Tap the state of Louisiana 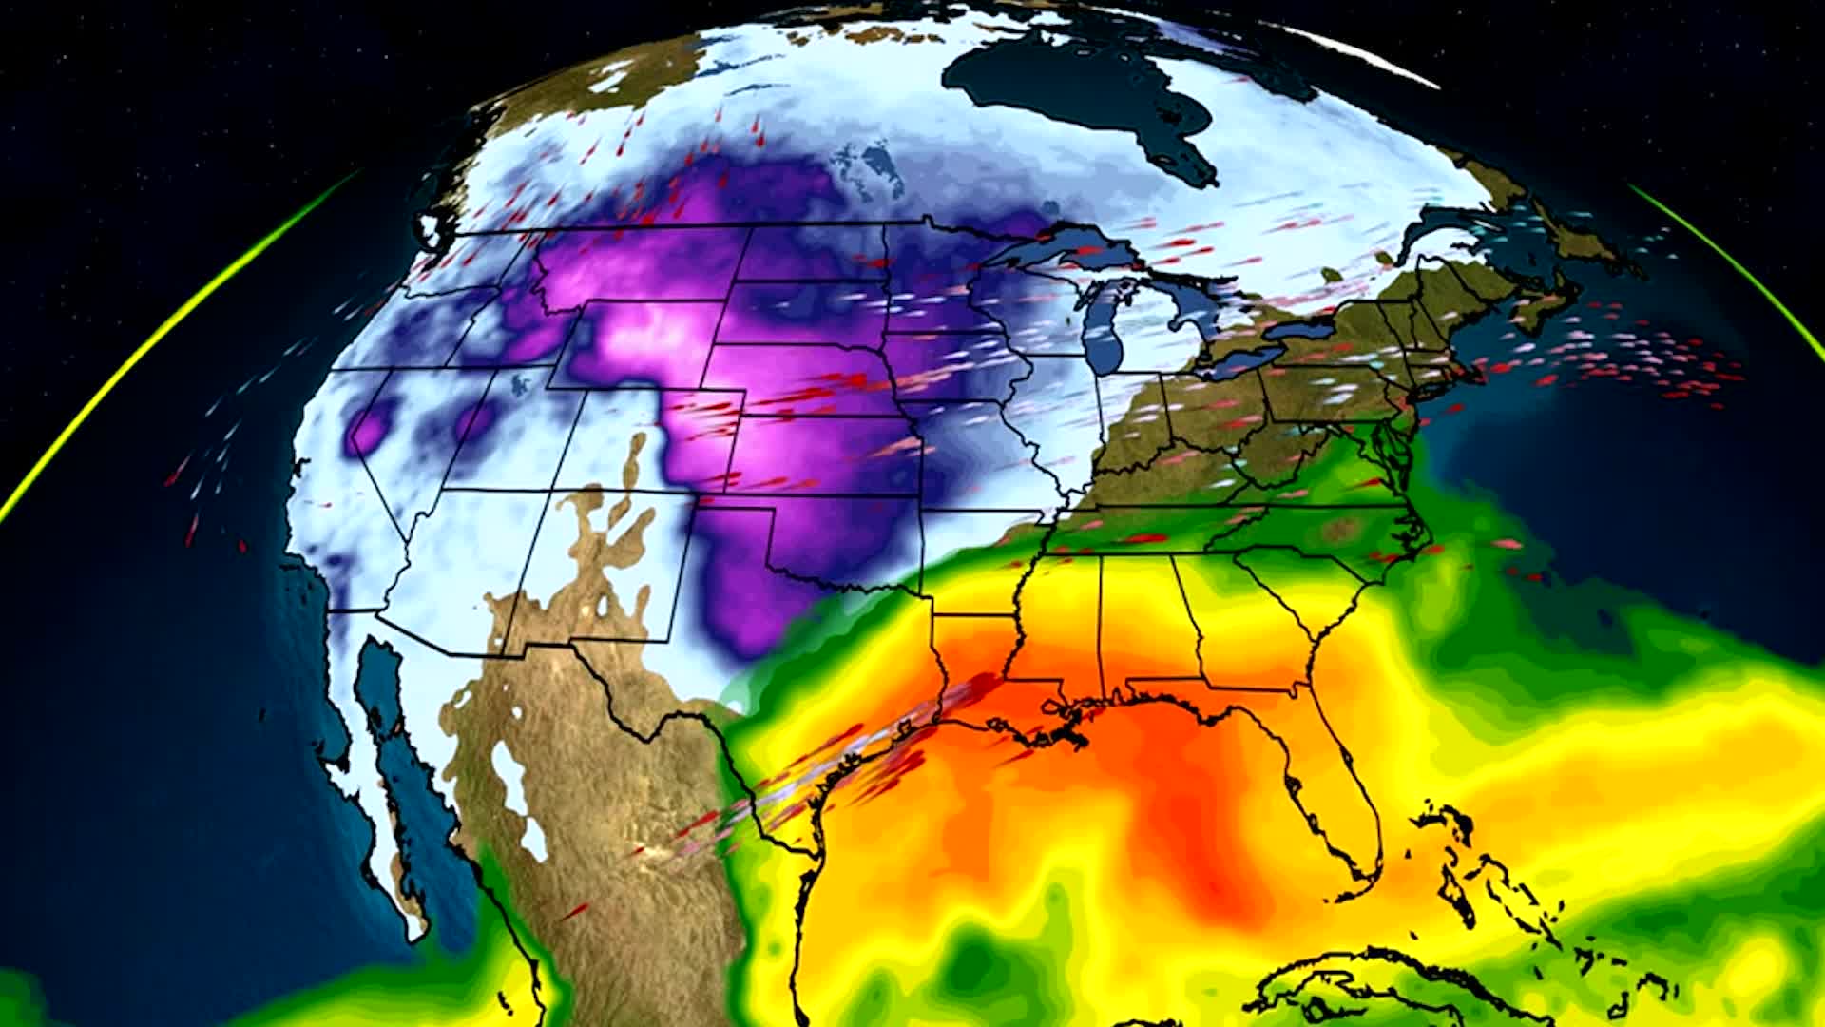pyautogui.click(x=979, y=666)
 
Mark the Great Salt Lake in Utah pyautogui.click(x=521, y=385)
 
